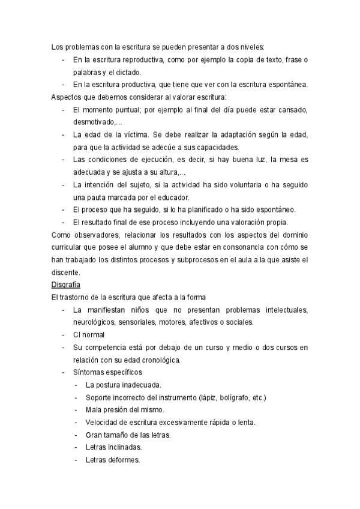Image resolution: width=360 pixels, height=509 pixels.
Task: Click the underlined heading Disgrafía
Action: pos(66,285)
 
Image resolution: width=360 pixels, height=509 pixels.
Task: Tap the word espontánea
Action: pos(286,85)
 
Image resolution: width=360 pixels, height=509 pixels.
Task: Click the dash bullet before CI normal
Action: pos(64,335)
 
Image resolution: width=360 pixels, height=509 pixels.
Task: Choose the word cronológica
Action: pos(159,360)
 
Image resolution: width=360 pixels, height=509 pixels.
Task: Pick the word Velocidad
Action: pos(103,423)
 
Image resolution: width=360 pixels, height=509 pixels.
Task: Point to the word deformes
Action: pos(122,460)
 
